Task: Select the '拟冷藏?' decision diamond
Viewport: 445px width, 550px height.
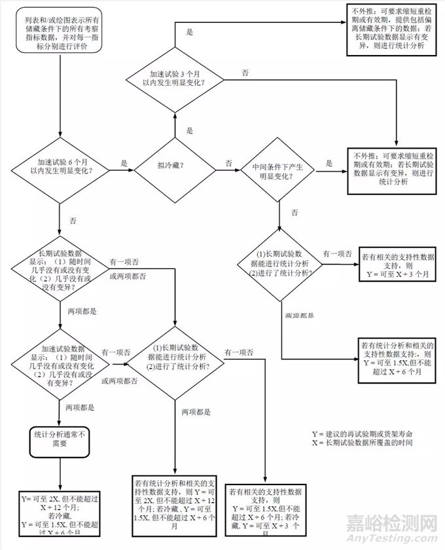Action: tap(174, 166)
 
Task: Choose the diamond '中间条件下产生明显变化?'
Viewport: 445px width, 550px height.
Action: tap(279, 172)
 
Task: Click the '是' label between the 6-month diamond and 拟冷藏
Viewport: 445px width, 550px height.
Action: tap(124, 161)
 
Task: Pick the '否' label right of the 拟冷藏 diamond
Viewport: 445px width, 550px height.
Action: tap(228, 161)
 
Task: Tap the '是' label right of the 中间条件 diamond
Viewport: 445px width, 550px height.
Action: tap(329, 161)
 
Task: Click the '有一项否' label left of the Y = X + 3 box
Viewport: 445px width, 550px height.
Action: tap(339, 253)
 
